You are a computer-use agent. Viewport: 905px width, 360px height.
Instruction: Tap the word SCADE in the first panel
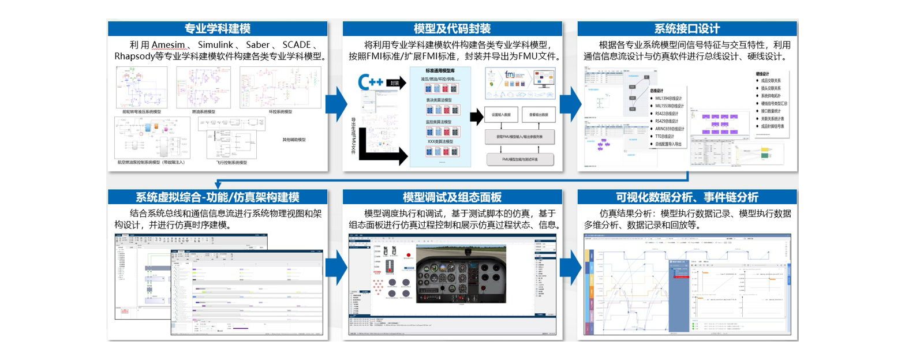[x=296, y=45]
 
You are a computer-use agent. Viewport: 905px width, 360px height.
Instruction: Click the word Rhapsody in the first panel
[x=134, y=57]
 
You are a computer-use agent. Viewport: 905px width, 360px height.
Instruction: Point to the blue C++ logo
[x=371, y=82]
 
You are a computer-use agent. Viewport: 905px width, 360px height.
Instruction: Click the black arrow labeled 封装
[x=396, y=82]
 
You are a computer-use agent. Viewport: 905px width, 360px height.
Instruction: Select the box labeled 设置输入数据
[x=500, y=114]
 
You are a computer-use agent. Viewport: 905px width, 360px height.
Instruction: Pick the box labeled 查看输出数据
[x=538, y=114]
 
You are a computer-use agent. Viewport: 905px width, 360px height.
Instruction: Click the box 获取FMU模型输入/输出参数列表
[x=519, y=137]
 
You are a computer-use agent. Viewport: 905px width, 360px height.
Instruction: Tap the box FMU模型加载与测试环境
[x=519, y=159]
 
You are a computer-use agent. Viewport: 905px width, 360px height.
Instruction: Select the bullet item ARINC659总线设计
[x=670, y=129]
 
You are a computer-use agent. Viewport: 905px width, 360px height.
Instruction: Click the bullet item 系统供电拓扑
[x=771, y=96]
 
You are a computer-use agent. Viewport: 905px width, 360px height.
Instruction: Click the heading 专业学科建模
[x=217, y=28]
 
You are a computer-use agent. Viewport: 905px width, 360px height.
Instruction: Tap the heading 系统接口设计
[x=687, y=28]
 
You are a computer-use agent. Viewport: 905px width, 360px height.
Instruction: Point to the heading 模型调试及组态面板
[x=452, y=197]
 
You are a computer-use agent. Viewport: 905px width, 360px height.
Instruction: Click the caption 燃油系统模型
[x=204, y=112]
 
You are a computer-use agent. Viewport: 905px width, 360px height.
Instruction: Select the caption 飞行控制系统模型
[x=227, y=163]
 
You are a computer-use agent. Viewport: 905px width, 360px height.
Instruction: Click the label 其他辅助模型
[x=294, y=140]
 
